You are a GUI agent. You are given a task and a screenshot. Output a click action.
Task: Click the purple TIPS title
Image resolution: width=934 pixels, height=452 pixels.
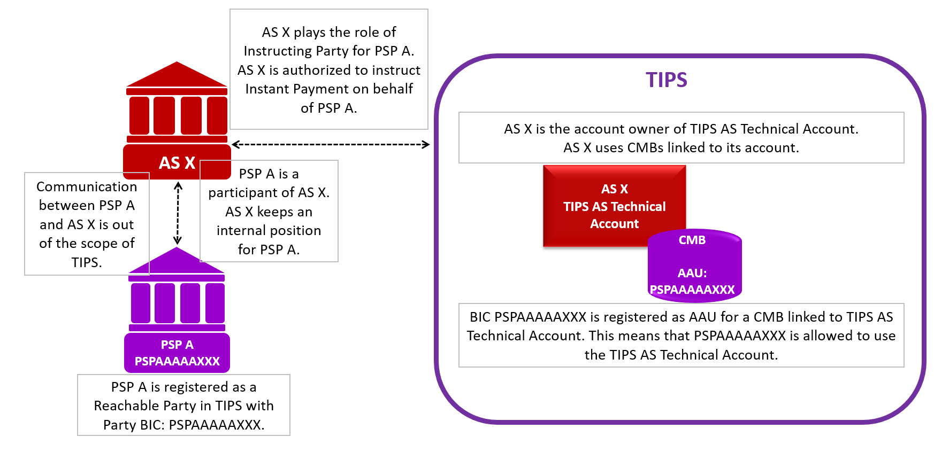pos(666,80)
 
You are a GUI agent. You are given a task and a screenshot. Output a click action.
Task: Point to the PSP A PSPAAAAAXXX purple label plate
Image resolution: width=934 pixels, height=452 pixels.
pos(177,353)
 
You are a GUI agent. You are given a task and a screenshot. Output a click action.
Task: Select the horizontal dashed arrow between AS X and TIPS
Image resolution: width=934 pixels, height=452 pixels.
pos(331,144)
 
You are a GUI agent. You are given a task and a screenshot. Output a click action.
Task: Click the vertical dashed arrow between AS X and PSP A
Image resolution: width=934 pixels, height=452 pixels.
pos(178,213)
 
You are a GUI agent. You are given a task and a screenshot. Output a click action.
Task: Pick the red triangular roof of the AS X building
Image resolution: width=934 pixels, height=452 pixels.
pos(177,75)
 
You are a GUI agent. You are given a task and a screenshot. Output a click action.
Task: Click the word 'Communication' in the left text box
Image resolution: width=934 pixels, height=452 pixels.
pos(87,186)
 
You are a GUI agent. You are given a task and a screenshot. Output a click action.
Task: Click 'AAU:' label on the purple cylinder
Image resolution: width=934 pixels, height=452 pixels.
pos(692,273)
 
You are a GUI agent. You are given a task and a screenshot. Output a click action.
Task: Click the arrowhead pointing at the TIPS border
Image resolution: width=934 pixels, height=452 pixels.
pos(426,144)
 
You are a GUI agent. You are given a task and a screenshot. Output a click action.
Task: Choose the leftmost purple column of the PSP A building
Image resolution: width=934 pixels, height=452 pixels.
pos(141,303)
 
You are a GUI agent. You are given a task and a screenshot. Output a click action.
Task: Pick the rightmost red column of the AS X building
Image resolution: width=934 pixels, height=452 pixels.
pos(217,115)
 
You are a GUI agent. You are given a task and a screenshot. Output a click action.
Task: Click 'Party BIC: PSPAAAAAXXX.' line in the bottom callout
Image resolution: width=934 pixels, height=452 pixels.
pos(183,425)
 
